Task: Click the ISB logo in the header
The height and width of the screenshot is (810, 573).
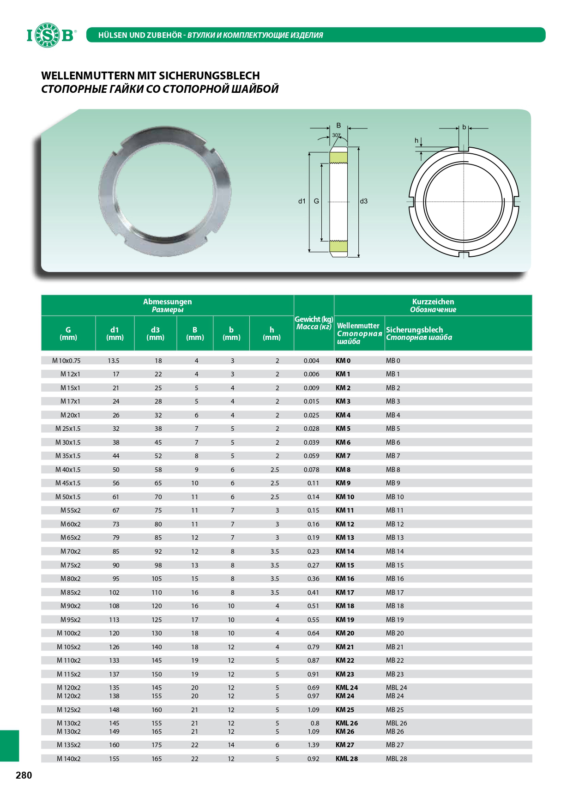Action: click(50, 35)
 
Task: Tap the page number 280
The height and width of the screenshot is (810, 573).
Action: click(24, 775)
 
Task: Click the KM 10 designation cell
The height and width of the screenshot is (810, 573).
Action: click(345, 497)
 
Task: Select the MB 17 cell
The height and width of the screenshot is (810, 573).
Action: click(395, 592)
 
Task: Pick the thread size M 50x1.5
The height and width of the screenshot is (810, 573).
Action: click(68, 497)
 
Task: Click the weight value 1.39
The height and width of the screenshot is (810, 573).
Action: click(313, 745)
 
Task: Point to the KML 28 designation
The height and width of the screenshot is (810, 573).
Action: click(347, 759)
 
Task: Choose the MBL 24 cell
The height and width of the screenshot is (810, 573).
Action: click(397, 688)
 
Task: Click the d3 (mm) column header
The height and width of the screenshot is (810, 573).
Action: click(155, 333)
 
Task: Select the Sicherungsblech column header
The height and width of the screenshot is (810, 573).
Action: click(414, 330)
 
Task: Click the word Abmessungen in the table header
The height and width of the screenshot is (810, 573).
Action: click(167, 302)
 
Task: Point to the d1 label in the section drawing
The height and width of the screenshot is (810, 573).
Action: click(302, 201)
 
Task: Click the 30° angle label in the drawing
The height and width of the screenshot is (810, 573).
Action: click(336, 135)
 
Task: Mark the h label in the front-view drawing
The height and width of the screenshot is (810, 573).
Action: click(416, 141)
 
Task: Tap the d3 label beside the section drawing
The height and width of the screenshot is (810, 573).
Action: click(364, 201)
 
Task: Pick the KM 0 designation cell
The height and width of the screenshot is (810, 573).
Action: click(343, 361)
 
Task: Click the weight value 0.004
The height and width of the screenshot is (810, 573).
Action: click(311, 361)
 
